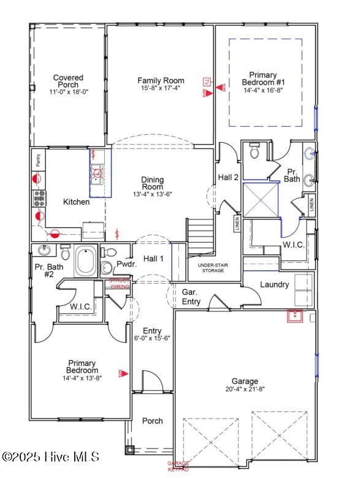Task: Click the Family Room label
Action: [161, 81]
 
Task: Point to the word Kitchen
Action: [77, 202]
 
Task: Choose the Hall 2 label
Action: [228, 177]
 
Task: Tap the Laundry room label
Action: [274, 284]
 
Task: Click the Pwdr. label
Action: [126, 265]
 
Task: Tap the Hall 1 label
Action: [153, 259]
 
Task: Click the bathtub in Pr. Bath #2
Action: [85, 262]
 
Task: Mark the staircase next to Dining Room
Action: [200, 236]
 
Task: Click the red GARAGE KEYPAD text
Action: [178, 466]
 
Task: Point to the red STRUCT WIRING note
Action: [120, 283]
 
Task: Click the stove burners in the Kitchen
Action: [39, 197]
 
